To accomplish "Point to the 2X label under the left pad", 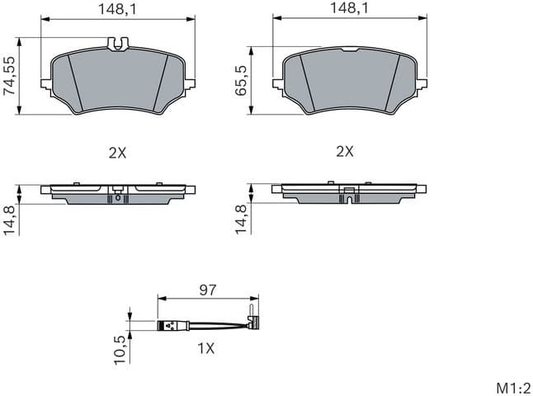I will click(116, 152).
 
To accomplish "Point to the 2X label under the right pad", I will click(345, 152).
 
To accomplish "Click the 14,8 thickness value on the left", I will click(10, 219).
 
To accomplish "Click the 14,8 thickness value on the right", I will click(242, 219).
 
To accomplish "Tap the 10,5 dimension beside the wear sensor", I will click(120, 347).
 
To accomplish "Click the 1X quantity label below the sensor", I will click(205, 348).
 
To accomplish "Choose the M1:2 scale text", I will click(512, 387).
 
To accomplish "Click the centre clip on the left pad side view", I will click(117, 197).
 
